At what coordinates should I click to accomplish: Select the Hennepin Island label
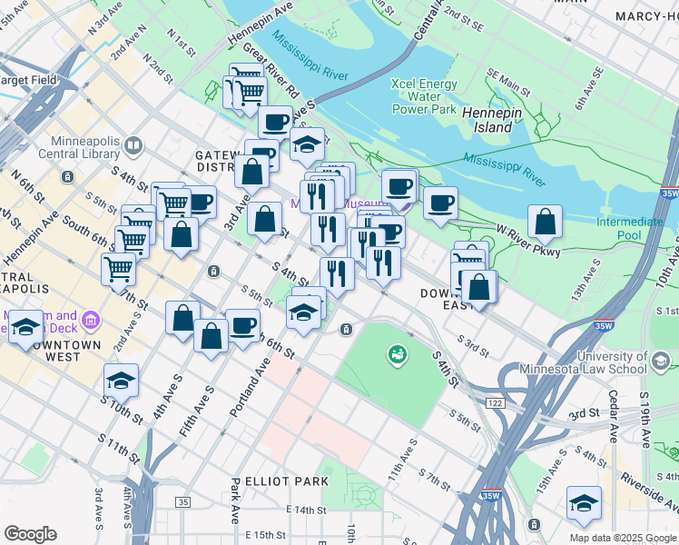pos(487,120)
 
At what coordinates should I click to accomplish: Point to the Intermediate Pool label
pos(629,228)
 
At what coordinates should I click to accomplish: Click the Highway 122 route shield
pos(495,402)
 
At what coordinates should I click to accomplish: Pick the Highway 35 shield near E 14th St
pos(184,502)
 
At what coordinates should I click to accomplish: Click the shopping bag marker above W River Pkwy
pos(544,221)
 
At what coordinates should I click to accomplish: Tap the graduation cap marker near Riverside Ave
pos(584,502)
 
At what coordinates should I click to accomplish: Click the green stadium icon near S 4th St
pos(397,354)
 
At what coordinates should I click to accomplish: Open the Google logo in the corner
pos(30,534)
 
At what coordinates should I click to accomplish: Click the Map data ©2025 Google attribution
pos(623,538)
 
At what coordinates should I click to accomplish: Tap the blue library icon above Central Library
pos(134,145)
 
